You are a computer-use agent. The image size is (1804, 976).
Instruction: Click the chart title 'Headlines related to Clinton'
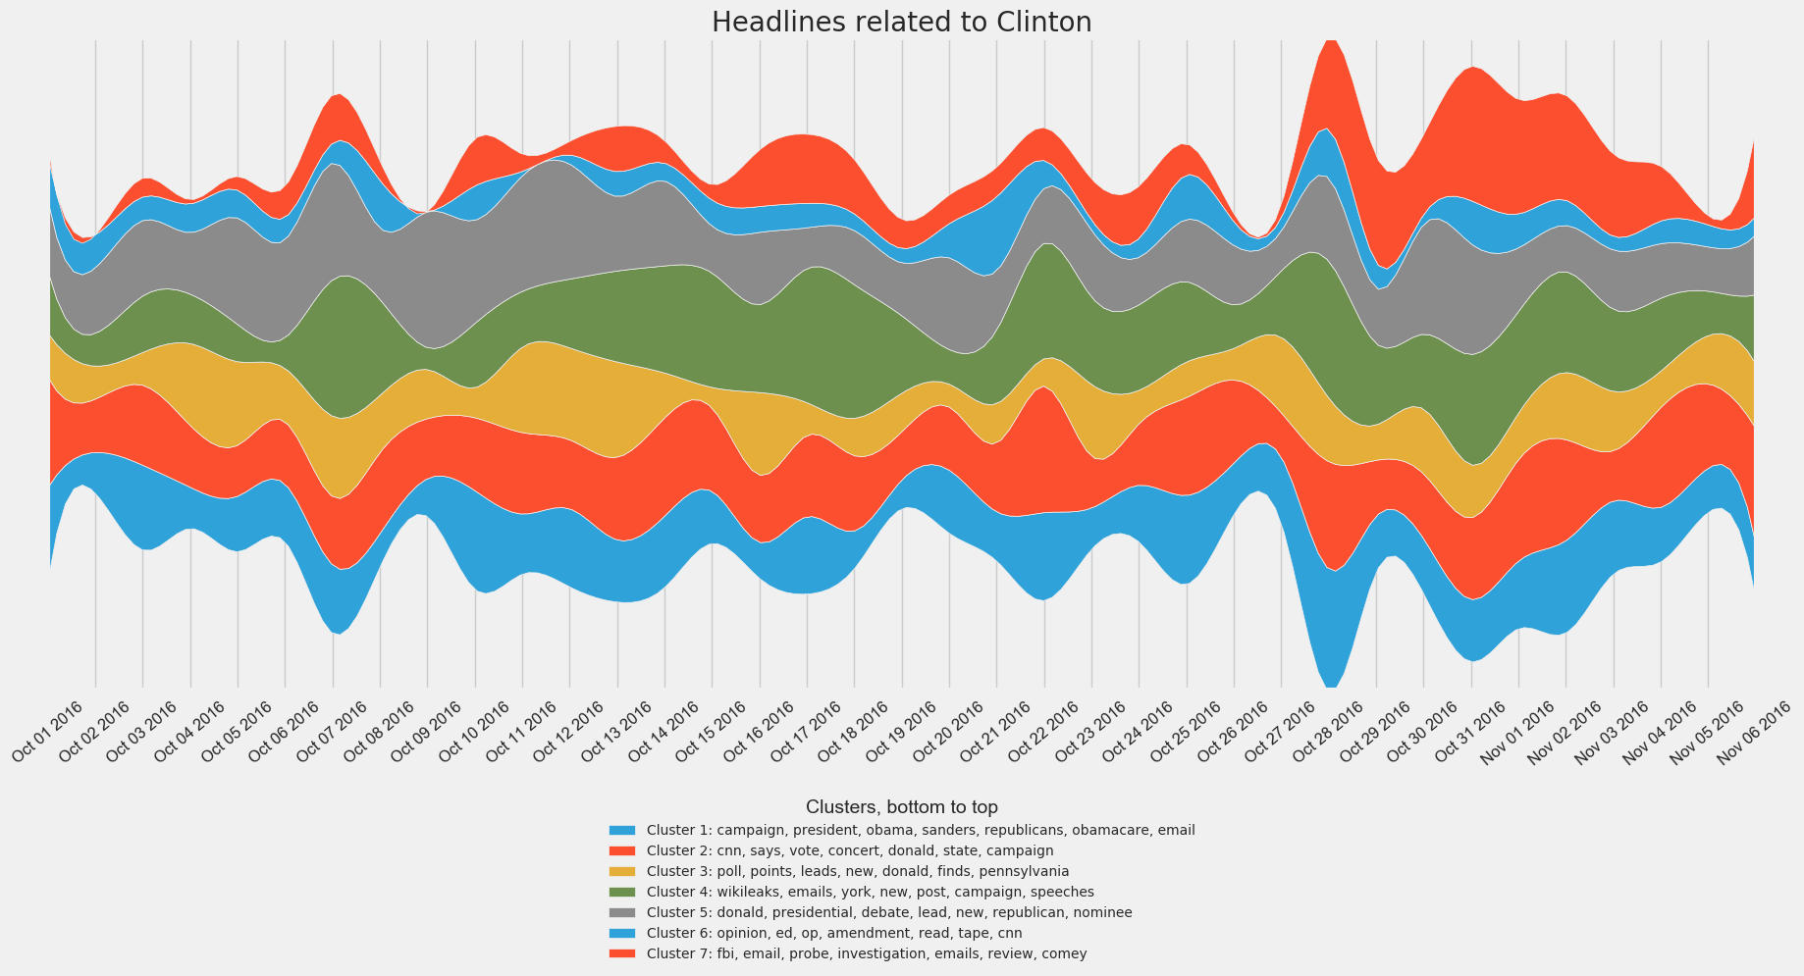901,23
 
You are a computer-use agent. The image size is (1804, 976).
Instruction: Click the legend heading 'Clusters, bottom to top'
901,807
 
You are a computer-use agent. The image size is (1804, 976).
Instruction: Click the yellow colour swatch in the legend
622,871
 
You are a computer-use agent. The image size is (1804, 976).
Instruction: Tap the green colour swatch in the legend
622,892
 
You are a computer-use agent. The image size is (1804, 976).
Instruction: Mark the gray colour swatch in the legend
622,912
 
